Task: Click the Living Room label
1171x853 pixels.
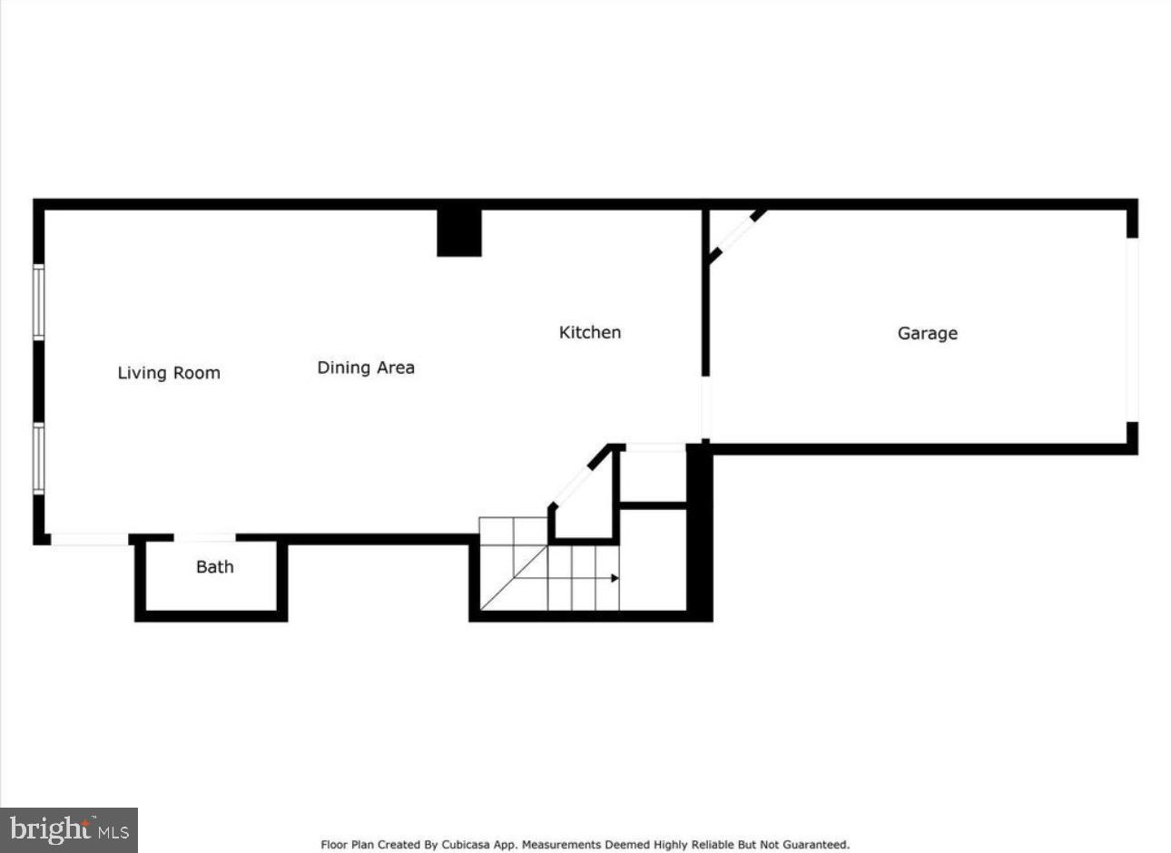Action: click(169, 373)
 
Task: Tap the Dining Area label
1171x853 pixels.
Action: click(366, 368)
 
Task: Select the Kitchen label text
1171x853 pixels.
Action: click(590, 332)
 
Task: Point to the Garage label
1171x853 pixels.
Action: click(927, 333)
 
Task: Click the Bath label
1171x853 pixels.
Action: click(215, 567)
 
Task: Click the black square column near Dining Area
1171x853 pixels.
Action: click(459, 233)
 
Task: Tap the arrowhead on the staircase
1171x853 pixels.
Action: click(615, 578)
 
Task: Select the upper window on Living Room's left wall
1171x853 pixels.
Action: click(39, 301)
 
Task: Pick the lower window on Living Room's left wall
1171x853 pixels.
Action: click(39, 458)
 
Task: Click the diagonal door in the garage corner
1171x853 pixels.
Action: click(736, 237)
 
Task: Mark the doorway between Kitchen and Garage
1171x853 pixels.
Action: click(705, 408)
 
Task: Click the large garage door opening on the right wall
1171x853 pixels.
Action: click(1131, 329)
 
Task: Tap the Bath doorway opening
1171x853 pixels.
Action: click(205, 538)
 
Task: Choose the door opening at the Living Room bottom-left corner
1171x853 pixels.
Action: click(89, 540)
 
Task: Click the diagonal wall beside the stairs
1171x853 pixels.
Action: click(580, 476)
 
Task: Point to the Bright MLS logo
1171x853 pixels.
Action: click(69, 829)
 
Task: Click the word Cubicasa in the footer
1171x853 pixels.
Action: click(468, 845)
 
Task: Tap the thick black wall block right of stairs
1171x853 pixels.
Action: click(699, 531)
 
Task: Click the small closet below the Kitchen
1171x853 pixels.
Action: click(653, 475)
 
